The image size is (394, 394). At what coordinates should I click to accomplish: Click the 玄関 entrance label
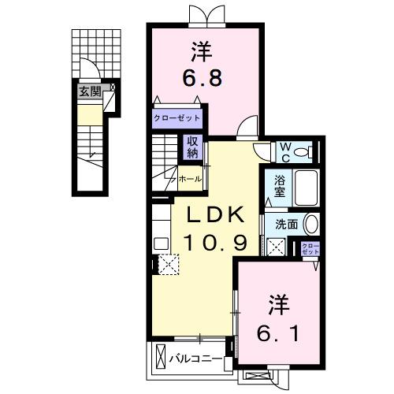[x=89, y=91]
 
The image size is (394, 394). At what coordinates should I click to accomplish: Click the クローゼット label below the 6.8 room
[x=177, y=119]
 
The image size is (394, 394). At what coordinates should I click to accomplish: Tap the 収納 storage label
[x=191, y=147]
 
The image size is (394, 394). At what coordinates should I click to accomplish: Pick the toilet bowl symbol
[x=308, y=151]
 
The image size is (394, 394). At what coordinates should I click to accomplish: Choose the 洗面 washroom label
[x=286, y=223]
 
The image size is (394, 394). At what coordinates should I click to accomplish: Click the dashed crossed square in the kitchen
[x=168, y=264]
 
